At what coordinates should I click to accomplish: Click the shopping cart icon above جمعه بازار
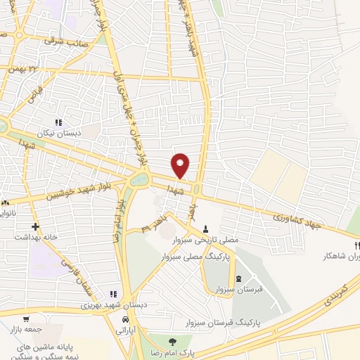tap(26, 319)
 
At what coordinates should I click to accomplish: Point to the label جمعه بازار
tap(26, 329)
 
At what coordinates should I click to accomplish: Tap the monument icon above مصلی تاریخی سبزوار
tap(205, 228)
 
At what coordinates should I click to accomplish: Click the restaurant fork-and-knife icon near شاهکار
tap(356, 245)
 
